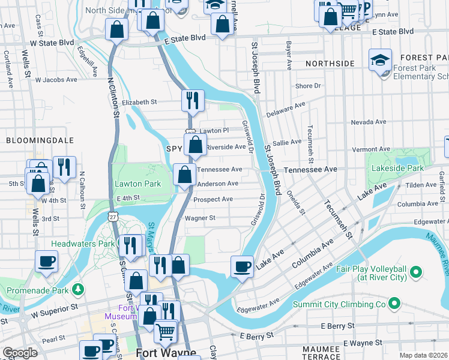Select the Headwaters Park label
[82, 244]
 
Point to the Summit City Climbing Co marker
[394, 304]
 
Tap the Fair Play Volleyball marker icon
[415, 274]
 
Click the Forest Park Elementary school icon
[380, 60]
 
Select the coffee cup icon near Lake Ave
[243, 266]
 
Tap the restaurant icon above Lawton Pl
[193, 100]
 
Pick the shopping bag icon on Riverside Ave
[196, 145]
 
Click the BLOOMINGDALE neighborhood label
[40, 140]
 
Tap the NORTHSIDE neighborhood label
[330, 63]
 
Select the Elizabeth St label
[139, 102]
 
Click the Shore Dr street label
[308, 86]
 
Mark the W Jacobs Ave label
[56, 79]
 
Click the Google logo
[20, 353]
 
